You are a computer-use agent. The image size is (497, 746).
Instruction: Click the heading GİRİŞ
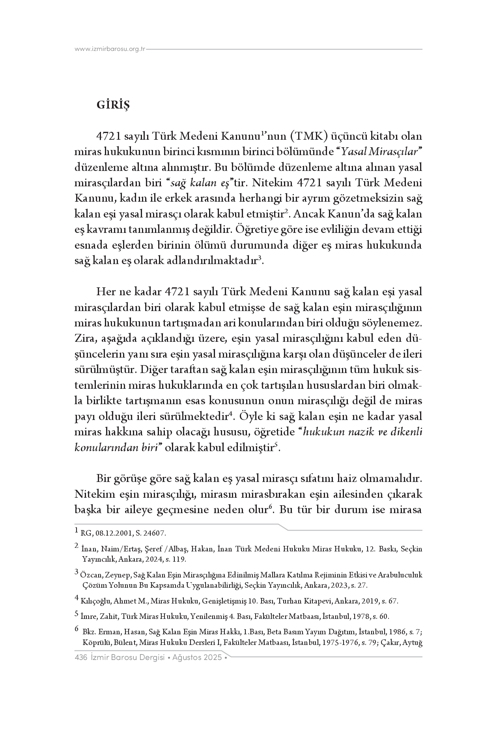(x=113, y=106)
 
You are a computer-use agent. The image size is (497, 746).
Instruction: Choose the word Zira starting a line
(x=84, y=339)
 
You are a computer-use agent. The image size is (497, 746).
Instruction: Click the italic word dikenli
(x=406, y=432)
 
